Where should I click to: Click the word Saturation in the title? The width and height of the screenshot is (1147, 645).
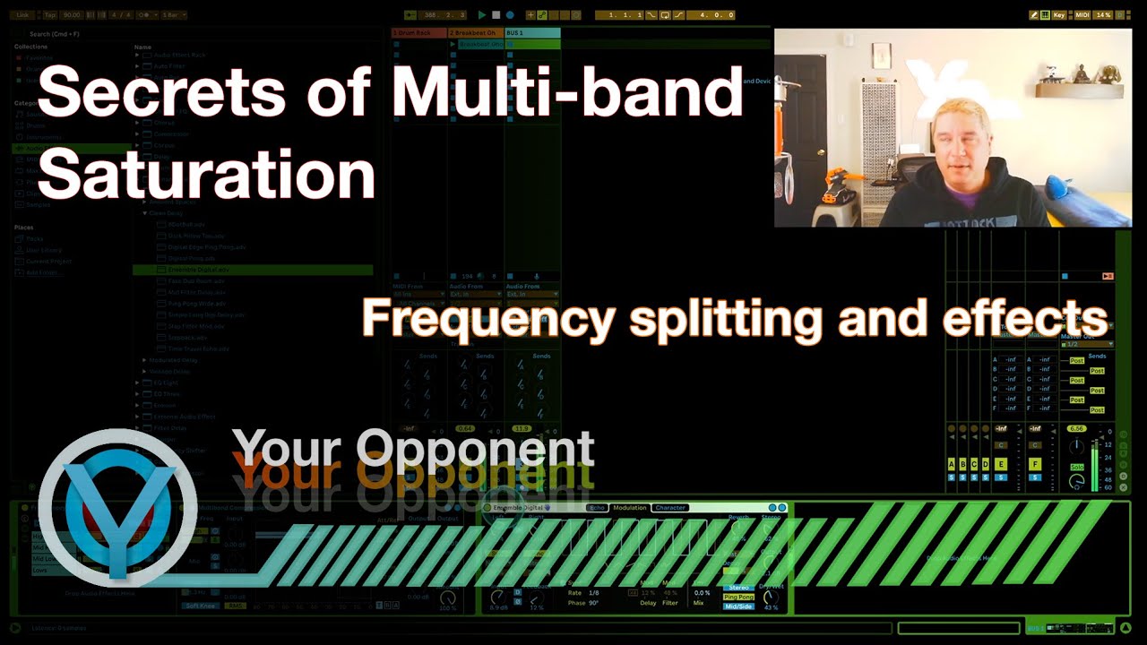[x=206, y=174]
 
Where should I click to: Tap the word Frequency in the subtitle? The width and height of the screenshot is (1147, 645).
[x=488, y=317]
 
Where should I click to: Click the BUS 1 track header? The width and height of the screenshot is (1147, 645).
[x=532, y=33]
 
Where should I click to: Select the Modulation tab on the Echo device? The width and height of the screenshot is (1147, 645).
[x=629, y=508]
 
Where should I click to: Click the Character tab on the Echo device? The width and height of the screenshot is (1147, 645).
[x=669, y=508]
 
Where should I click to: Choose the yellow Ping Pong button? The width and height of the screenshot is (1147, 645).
[x=738, y=597]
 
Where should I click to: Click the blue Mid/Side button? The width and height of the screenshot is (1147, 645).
[x=738, y=606]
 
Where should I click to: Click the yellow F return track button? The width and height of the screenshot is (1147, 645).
[x=1035, y=464]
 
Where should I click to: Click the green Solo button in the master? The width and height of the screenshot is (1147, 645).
[x=1077, y=468]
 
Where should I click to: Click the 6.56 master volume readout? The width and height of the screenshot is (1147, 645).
[x=1076, y=428]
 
